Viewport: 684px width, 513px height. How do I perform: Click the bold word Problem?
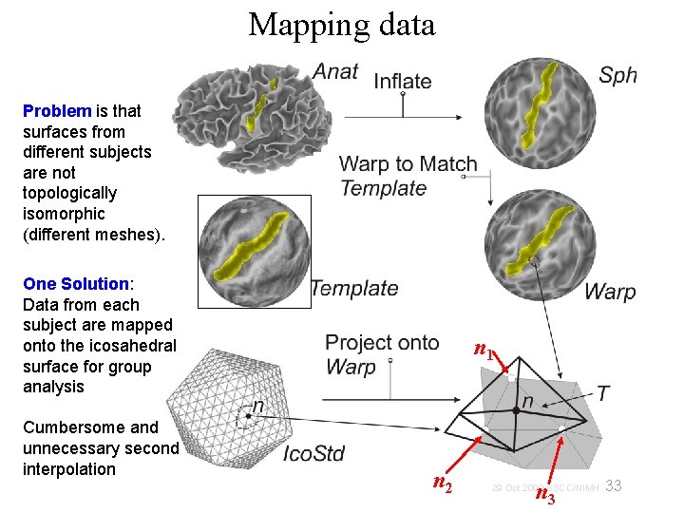coord(57,111)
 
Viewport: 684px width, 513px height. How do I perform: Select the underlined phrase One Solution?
coord(76,284)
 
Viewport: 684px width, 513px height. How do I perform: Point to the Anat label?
coord(335,72)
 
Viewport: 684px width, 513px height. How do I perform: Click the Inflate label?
coord(403,81)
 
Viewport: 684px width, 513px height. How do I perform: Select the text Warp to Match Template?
coord(408,176)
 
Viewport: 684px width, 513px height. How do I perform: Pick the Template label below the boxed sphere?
coord(353,288)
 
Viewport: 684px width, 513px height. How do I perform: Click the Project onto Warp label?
coord(382,354)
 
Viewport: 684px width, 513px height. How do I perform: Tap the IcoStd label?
coord(313,454)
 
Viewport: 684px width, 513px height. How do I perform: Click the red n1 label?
coord(484,351)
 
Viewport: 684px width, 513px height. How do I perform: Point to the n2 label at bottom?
coord(442,484)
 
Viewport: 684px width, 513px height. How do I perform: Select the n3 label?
coord(545,494)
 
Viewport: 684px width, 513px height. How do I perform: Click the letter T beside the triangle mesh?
coord(603,392)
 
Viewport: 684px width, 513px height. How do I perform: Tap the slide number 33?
coord(614,486)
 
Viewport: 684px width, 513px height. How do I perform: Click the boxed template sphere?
coord(254,252)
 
